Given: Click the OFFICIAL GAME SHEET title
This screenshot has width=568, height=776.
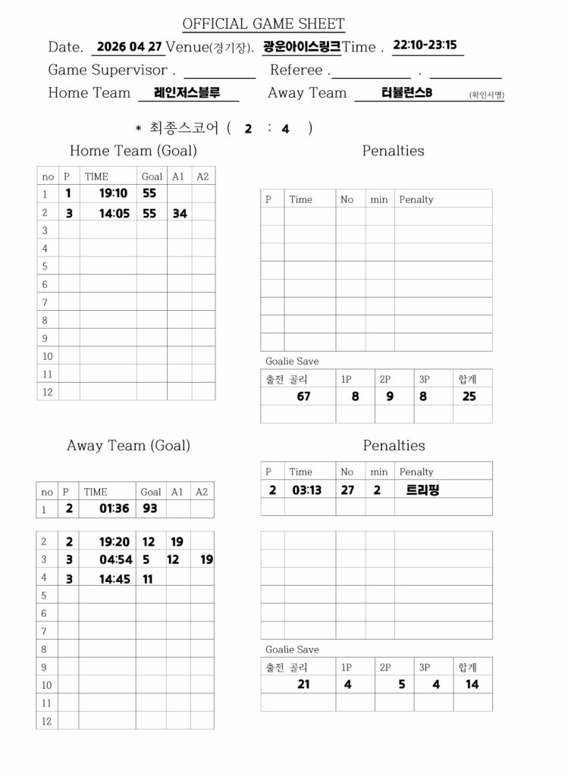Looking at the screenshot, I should [x=263, y=24].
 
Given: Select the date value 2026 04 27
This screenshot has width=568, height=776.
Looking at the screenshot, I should [x=130, y=46].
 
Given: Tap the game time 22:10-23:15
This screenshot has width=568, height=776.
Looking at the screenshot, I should [x=425, y=45].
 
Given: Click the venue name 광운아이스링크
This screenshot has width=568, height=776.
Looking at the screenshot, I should [x=301, y=46].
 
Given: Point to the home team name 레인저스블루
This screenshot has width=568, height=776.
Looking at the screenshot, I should [x=187, y=92].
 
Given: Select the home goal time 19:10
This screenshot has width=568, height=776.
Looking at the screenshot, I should [x=113, y=193].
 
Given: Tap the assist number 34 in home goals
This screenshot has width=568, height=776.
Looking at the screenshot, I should [x=180, y=214].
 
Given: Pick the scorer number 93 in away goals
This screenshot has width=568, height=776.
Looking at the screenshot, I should [x=150, y=508].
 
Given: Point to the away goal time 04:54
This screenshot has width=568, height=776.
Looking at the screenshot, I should [x=115, y=560].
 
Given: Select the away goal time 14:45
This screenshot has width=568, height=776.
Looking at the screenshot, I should [x=115, y=579].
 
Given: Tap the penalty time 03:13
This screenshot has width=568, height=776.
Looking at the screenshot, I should [x=306, y=490].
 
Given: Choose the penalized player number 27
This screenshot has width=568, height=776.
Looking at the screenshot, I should [x=347, y=490].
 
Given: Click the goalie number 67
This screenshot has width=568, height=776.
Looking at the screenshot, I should [x=303, y=396].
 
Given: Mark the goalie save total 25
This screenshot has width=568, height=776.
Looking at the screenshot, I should [x=469, y=396].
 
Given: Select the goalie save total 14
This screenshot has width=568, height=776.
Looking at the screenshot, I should [x=472, y=684].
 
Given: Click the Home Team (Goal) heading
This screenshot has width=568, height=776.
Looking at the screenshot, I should [x=133, y=151].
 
